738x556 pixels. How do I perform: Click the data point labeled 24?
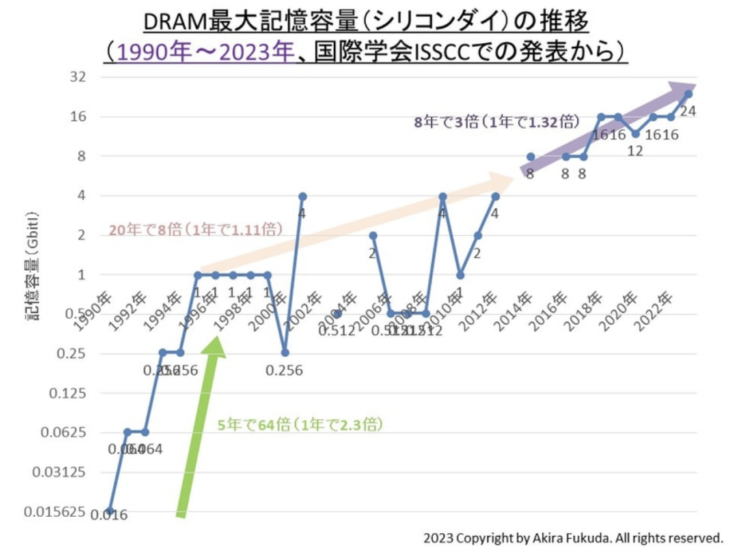(x=688, y=94)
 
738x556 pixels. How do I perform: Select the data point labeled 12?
(x=635, y=134)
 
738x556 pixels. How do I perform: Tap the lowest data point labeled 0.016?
(x=110, y=511)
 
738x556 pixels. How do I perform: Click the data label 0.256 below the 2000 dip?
(x=284, y=370)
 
